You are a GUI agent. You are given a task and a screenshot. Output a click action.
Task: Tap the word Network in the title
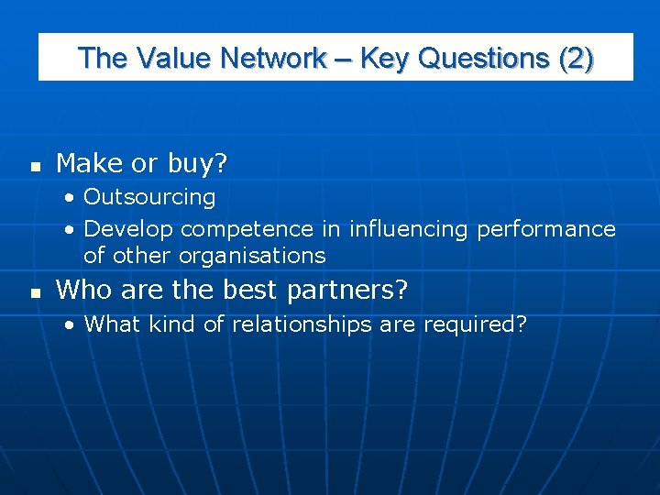click(272, 58)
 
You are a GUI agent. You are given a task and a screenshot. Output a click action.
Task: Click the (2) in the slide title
click(576, 58)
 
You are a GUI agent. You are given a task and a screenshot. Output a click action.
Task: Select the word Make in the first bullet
click(89, 164)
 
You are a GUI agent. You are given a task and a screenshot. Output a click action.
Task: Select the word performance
click(545, 229)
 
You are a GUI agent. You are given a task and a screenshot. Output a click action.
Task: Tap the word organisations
click(252, 255)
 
